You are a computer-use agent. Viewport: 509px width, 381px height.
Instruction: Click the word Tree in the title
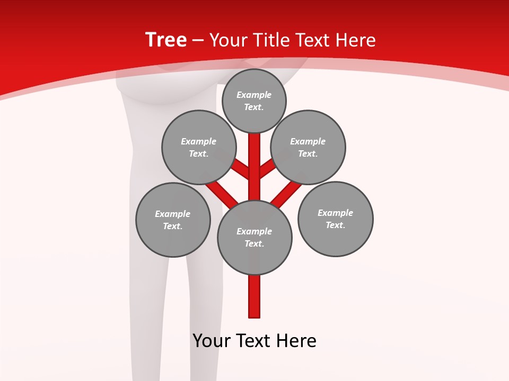[166, 40]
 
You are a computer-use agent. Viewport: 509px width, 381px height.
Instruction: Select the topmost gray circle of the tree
[254, 101]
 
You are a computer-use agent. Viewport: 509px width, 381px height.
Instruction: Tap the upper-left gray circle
[199, 147]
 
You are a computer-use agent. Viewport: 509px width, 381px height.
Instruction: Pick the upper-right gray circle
[308, 147]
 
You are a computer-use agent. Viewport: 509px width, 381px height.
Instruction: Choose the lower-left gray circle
[173, 220]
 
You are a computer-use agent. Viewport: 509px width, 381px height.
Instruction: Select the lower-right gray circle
[335, 219]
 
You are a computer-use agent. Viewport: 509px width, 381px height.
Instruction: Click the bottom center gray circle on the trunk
[254, 237]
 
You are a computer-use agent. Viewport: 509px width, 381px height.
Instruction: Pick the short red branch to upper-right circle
[267, 169]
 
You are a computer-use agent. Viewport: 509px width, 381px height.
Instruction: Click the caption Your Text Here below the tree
[254, 341]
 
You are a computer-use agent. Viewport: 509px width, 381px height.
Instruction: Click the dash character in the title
[197, 41]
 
